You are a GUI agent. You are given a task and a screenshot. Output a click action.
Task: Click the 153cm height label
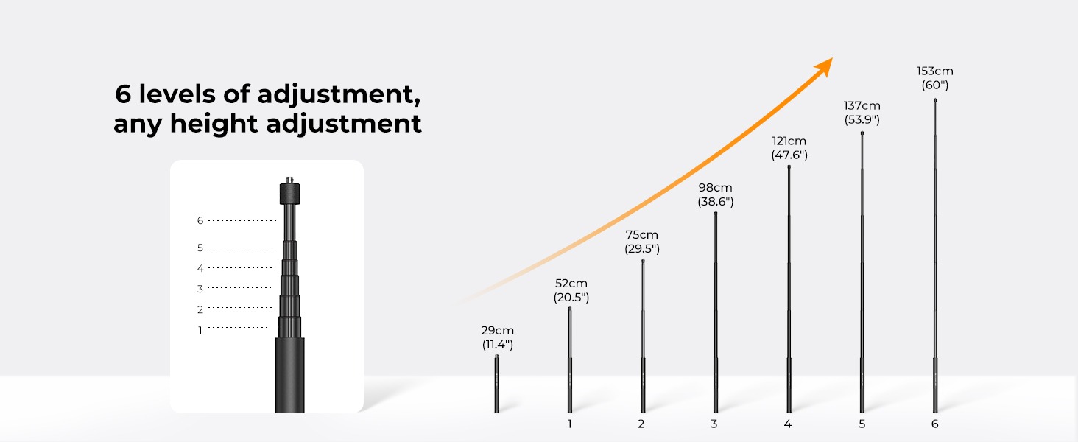coord(934,71)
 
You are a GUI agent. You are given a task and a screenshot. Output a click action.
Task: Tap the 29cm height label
coord(497,331)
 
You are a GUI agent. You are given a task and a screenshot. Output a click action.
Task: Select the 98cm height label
coord(715,188)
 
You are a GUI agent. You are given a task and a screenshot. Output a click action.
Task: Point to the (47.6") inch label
coord(789,155)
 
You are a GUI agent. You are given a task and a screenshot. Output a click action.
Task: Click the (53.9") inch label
coord(862,120)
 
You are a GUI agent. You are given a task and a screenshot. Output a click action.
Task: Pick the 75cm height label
coord(641,235)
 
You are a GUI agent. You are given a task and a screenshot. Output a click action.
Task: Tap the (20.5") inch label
coord(571,298)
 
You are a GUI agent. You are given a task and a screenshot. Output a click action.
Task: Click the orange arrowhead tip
coord(833,58)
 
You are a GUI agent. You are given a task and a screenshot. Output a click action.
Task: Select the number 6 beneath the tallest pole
coord(934,424)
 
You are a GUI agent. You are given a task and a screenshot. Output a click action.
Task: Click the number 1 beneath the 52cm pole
coord(569,424)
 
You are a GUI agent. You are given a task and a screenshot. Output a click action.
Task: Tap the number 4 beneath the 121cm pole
coord(787,424)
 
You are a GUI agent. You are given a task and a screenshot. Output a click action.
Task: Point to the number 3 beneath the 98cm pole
coord(714,424)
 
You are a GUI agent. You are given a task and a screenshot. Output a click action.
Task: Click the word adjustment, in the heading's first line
coord(339,94)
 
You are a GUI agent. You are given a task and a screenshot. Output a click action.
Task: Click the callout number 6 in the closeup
coord(200,220)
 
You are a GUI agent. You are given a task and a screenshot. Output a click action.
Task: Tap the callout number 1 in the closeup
coord(200,330)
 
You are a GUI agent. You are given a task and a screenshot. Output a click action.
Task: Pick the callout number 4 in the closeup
coord(200,268)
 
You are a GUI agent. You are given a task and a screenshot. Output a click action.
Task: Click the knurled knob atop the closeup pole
coord(289,194)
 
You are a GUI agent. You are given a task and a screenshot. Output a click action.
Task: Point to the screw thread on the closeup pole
coord(289,180)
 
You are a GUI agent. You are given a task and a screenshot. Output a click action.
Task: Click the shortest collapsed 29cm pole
coord(496,384)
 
